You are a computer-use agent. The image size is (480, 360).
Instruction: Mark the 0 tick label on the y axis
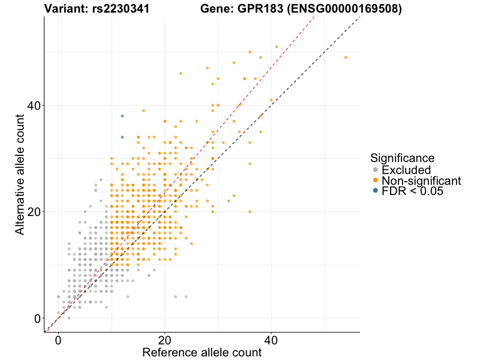click(37, 318)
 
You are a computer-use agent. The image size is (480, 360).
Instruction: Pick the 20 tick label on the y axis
click(34, 212)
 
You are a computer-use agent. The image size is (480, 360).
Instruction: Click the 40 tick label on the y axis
click(34, 106)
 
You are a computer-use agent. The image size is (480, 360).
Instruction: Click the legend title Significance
click(402, 158)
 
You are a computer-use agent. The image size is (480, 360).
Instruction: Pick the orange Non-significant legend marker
click(376, 181)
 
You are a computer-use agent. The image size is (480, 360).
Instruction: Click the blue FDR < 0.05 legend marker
click(376, 191)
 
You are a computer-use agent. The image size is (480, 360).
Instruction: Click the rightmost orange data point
click(346, 57)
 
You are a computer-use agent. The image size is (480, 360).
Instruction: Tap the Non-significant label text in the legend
click(421, 181)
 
